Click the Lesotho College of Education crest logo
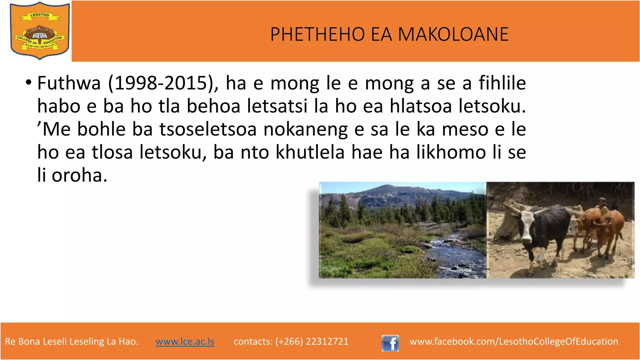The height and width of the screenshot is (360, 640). point(40,31)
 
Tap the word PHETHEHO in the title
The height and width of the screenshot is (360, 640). point(317,34)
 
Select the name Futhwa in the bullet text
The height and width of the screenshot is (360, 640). point(69,83)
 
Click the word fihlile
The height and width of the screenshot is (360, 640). point(502,83)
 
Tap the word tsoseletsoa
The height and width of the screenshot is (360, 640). point(208,129)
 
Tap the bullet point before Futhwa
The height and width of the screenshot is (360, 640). point(29,83)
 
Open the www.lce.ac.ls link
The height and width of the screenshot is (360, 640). point(185,342)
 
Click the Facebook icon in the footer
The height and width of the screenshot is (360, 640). point(390,343)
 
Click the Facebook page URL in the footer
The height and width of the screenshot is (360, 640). point(514,342)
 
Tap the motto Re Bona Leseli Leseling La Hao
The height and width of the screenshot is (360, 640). point(72,342)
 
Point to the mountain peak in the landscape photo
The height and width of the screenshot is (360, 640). point(383,187)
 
